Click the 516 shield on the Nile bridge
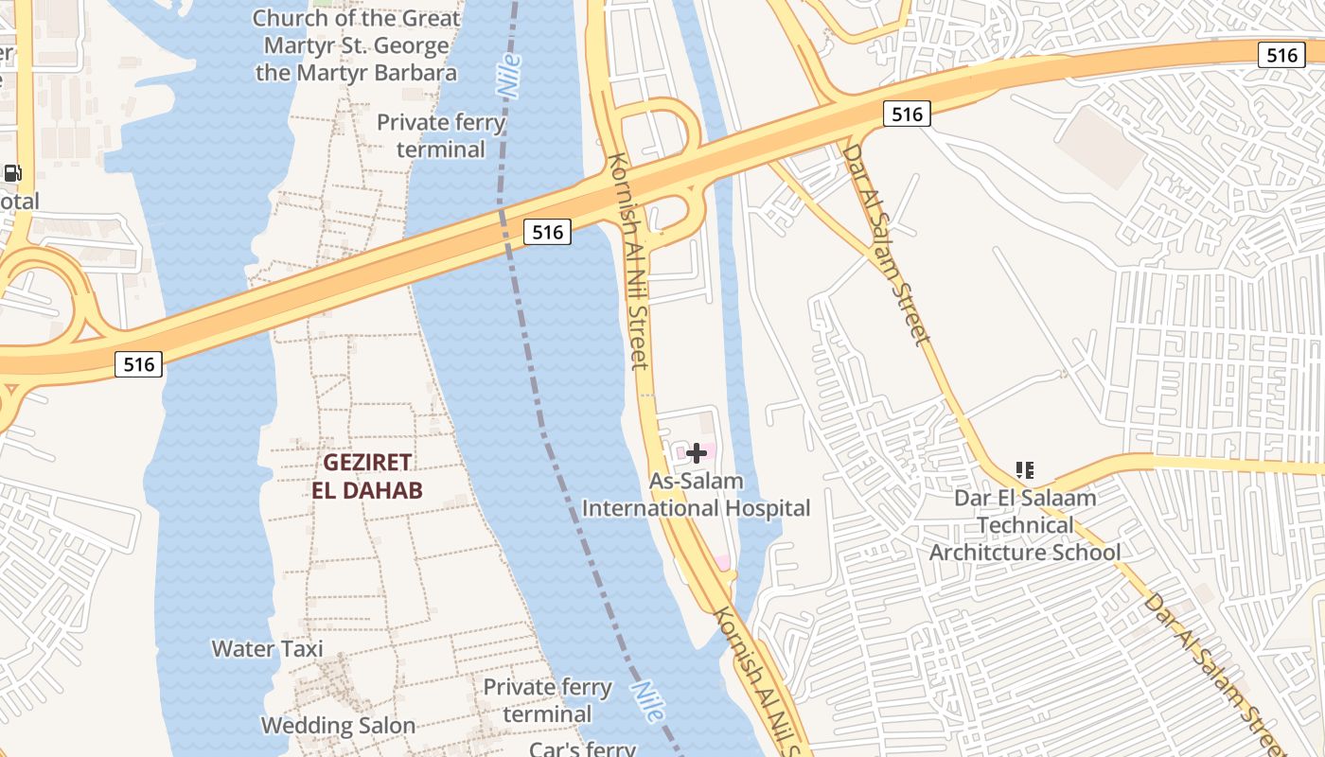click(547, 231)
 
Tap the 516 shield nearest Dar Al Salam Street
click(907, 114)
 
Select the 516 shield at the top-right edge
click(1281, 55)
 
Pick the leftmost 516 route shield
click(138, 364)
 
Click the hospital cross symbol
click(697, 453)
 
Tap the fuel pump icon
click(12, 173)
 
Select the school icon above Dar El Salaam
click(1024, 469)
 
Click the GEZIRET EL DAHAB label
click(367, 476)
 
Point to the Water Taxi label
click(267, 649)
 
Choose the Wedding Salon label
click(338, 726)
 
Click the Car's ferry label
click(582, 748)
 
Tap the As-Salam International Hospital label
click(696, 495)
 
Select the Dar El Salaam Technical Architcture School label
click(1025, 525)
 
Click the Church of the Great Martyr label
click(357, 45)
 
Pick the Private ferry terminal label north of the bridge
click(441, 135)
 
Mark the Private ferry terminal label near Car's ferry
click(547, 700)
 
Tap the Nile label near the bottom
click(645, 702)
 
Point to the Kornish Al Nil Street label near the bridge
click(628, 260)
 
